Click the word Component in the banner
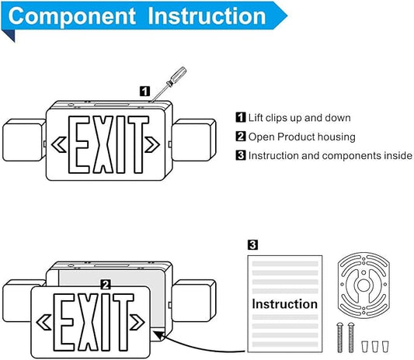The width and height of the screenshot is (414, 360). point(71,16)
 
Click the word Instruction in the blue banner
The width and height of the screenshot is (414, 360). point(207,16)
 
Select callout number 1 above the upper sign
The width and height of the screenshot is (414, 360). point(144,92)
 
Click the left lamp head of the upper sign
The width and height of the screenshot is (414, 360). point(24,140)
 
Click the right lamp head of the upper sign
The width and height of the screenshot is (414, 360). point(194,140)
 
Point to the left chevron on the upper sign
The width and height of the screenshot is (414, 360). point(58,144)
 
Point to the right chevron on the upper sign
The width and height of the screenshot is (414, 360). point(152,144)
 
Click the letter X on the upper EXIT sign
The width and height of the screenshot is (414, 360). point(103,144)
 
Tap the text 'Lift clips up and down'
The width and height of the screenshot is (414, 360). point(300,118)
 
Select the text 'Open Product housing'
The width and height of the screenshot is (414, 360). point(302,137)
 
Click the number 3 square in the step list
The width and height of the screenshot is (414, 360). point(241,155)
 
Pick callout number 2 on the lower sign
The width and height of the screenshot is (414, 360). point(106,285)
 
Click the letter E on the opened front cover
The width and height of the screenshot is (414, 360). point(64,322)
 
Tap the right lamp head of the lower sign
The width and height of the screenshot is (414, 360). point(194,301)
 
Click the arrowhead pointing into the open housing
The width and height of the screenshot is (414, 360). point(159,335)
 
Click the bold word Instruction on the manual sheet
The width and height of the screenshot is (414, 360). point(284,304)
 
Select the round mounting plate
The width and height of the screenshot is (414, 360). point(364,286)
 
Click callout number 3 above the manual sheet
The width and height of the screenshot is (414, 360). point(252,244)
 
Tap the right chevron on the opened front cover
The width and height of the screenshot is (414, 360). point(137,322)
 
